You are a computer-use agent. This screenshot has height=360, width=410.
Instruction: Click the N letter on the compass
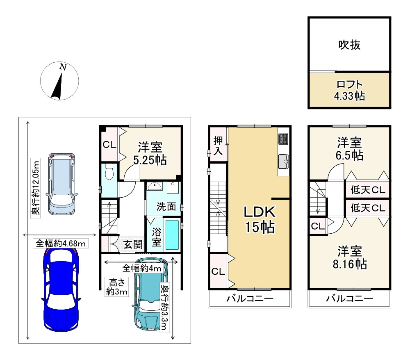pyautogui.click(x=63, y=67)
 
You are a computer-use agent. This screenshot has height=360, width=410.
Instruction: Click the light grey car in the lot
pyautogui.click(x=62, y=184)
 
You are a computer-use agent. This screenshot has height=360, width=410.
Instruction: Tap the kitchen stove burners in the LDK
pyautogui.click(x=283, y=139)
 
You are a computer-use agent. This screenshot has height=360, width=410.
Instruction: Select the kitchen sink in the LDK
pyautogui.click(x=283, y=161)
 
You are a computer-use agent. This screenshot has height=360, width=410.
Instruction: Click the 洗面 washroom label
pyautogui.click(x=166, y=207)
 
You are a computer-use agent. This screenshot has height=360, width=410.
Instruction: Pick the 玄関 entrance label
pyautogui.click(x=133, y=245)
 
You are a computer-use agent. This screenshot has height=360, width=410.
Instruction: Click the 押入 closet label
pyautogui.click(x=218, y=146)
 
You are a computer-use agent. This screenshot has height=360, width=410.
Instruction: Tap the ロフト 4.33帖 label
pyautogui.click(x=349, y=90)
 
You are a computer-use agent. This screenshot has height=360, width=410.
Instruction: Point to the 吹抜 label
pyautogui.click(x=349, y=45)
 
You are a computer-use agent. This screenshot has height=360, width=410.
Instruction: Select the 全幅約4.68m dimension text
pyautogui.click(x=61, y=244)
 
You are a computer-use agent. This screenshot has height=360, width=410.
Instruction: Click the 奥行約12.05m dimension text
pyautogui.click(x=35, y=188)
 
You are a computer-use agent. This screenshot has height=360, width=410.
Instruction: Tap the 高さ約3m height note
pyautogui.click(x=116, y=287)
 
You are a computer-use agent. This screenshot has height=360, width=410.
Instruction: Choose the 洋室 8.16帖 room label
pyautogui.click(x=350, y=257)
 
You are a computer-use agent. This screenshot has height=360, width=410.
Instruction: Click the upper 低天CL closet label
pyautogui.click(x=368, y=190)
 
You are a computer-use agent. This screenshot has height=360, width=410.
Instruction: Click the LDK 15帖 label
pyautogui.click(x=260, y=219)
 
